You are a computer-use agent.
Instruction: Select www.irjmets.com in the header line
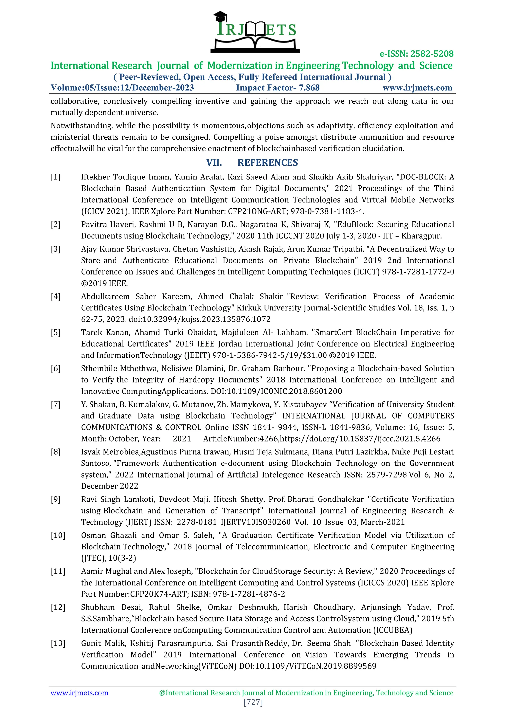(417, 88)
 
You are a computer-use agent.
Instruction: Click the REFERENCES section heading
(268, 163)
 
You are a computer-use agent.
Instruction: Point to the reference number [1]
(56, 177)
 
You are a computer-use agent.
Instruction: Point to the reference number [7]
(56, 405)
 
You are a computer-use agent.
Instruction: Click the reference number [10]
(58, 535)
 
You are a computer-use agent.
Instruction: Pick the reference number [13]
(58, 643)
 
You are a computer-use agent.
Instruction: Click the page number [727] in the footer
(253, 702)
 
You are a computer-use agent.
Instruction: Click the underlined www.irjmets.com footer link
(79, 693)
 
